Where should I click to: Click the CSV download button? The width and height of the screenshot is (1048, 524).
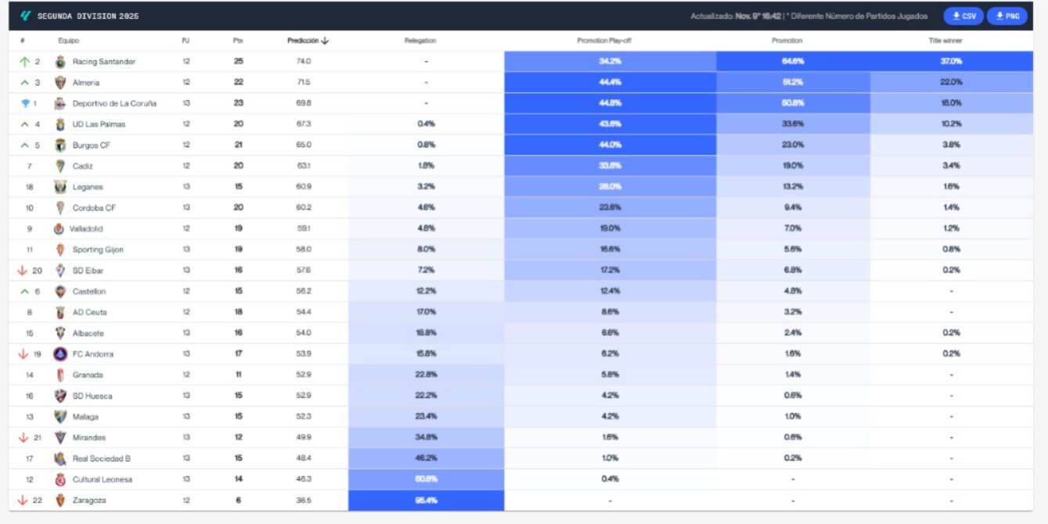point(963,16)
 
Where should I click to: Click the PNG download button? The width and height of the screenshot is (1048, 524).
point(1007,16)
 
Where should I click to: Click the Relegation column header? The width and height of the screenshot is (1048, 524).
point(420,41)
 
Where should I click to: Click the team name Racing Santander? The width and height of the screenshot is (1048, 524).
point(103,62)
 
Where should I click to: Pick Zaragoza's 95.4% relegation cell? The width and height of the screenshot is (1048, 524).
point(426,501)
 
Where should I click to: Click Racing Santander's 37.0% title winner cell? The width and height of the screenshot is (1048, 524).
point(951,61)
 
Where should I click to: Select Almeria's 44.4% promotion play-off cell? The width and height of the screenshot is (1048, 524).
point(610,82)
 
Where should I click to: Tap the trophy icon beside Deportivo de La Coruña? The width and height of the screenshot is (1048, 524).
point(25,103)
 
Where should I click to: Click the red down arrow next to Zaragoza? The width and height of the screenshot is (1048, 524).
point(23,501)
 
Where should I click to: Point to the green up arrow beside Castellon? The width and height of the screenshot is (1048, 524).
point(25,291)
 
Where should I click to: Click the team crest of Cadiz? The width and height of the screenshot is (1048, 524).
point(60,166)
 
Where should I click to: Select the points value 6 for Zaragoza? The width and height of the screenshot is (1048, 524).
point(238,501)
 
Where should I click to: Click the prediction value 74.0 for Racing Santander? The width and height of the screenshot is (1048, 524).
point(303,61)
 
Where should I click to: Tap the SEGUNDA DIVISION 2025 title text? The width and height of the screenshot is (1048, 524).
point(88,16)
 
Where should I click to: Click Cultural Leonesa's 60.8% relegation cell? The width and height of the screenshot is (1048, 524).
point(426,479)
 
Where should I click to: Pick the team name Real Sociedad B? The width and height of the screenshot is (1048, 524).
point(102,458)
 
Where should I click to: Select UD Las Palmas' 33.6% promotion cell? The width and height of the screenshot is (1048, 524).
point(793,124)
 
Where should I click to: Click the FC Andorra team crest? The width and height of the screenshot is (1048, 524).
point(60,354)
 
